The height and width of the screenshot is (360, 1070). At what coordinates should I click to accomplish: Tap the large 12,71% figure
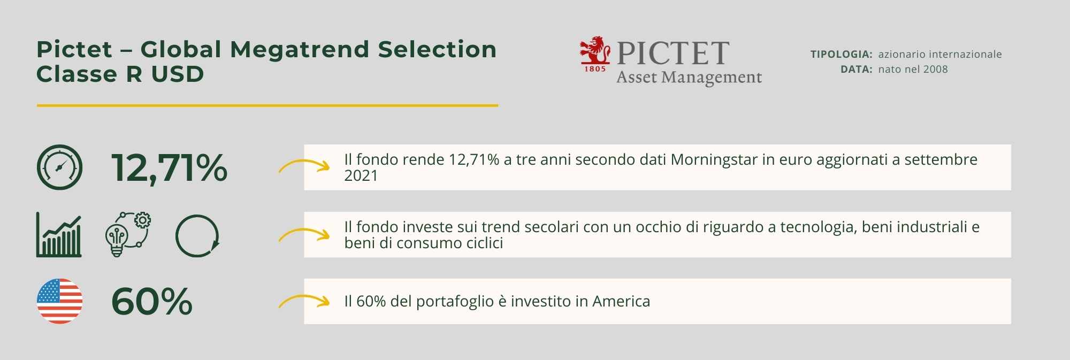tap(169, 168)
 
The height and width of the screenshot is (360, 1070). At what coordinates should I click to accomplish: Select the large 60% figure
tap(152, 302)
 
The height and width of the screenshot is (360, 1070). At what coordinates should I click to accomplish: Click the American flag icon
tap(59, 301)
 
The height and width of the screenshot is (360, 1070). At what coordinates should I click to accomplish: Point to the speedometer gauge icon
tap(59, 167)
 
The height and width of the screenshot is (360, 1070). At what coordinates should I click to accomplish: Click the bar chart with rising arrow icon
tap(59, 235)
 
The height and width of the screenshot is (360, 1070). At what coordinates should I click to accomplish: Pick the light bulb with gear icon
tap(128, 235)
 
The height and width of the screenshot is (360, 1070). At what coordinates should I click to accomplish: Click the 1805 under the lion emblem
tap(595, 68)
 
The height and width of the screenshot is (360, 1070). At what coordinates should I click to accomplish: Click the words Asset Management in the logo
tap(689, 78)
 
